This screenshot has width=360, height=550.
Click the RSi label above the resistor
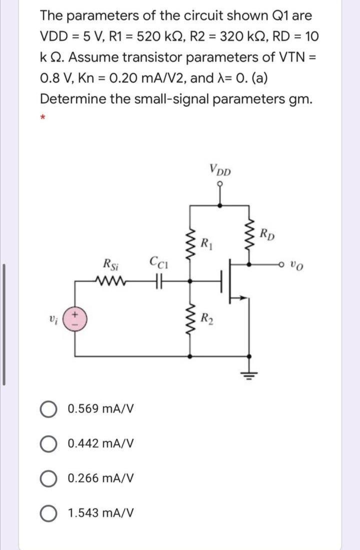coord(109,263)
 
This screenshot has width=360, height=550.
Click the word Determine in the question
coord(70,98)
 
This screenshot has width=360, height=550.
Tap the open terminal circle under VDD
coord(220,184)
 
